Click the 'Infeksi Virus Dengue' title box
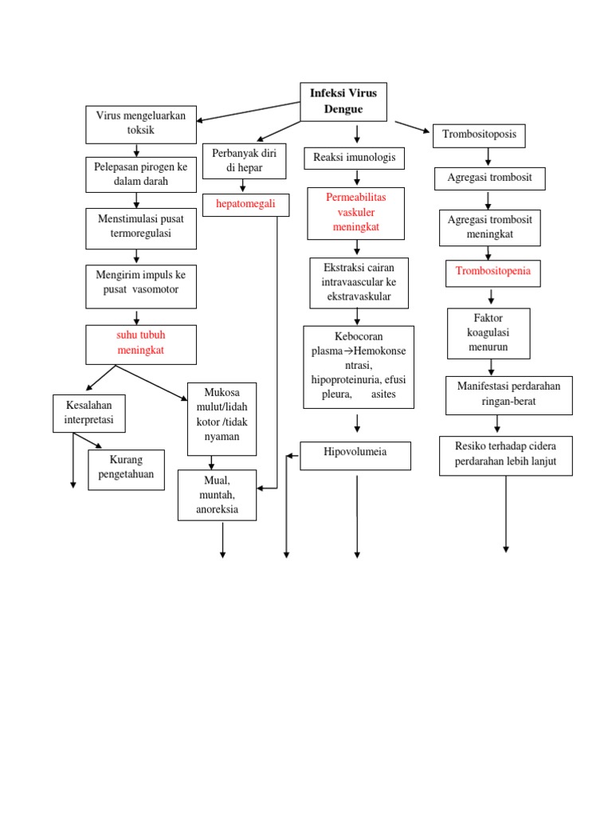[x=343, y=101]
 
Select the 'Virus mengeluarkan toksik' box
[x=141, y=124]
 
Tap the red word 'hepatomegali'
[x=245, y=203]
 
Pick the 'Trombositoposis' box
[x=479, y=135]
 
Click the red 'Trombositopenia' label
[x=492, y=271]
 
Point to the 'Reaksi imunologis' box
[x=355, y=158]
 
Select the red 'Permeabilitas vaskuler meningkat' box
[x=356, y=214]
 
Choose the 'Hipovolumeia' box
[x=355, y=456]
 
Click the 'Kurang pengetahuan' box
[x=127, y=470]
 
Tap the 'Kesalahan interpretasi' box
[x=89, y=414]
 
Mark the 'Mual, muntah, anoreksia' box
[x=217, y=495]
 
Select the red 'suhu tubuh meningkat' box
[x=141, y=344]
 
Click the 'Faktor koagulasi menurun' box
[x=488, y=333]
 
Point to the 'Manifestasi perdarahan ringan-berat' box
[x=509, y=395]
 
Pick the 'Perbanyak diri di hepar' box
[x=244, y=161]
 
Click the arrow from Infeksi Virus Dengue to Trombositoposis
[x=413, y=127]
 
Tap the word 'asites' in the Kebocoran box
[x=383, y=394]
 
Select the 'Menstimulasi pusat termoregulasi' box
[x=141, y=229]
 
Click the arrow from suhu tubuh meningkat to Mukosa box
[x=151, y=382]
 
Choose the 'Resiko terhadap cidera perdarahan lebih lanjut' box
[x=506, y=456]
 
